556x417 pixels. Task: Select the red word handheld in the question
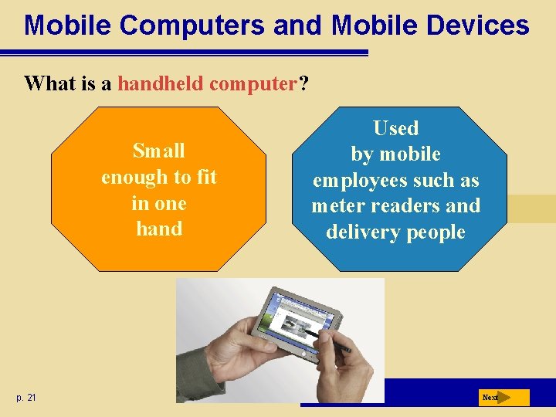[161, 83]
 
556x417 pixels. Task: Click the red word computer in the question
[253, 83]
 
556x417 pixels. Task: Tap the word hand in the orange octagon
[158, 229]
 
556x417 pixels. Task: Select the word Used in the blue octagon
[395, 128]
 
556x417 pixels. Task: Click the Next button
[502, 398]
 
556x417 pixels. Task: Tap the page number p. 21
[25, 398]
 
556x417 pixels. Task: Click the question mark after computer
[303, 83]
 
